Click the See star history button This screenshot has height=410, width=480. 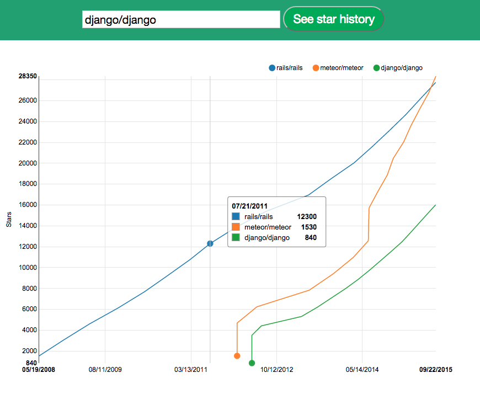333,19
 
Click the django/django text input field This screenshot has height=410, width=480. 181,20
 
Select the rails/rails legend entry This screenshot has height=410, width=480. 286,68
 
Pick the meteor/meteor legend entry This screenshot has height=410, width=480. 338,68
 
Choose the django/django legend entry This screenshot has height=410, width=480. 398,68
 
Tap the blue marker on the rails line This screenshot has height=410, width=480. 210,243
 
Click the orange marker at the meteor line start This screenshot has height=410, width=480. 237,356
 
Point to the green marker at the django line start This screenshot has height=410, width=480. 252,363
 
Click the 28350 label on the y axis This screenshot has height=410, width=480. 28,76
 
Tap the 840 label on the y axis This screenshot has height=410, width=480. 31,363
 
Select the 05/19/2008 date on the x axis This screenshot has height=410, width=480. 38,370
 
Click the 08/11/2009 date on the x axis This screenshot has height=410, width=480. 105,370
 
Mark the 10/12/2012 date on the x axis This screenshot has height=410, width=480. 276,370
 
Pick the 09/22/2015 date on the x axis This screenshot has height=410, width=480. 436,370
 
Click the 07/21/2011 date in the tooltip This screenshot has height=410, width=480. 249,206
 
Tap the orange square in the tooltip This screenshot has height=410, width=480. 236,227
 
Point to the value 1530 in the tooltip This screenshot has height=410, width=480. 308,227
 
